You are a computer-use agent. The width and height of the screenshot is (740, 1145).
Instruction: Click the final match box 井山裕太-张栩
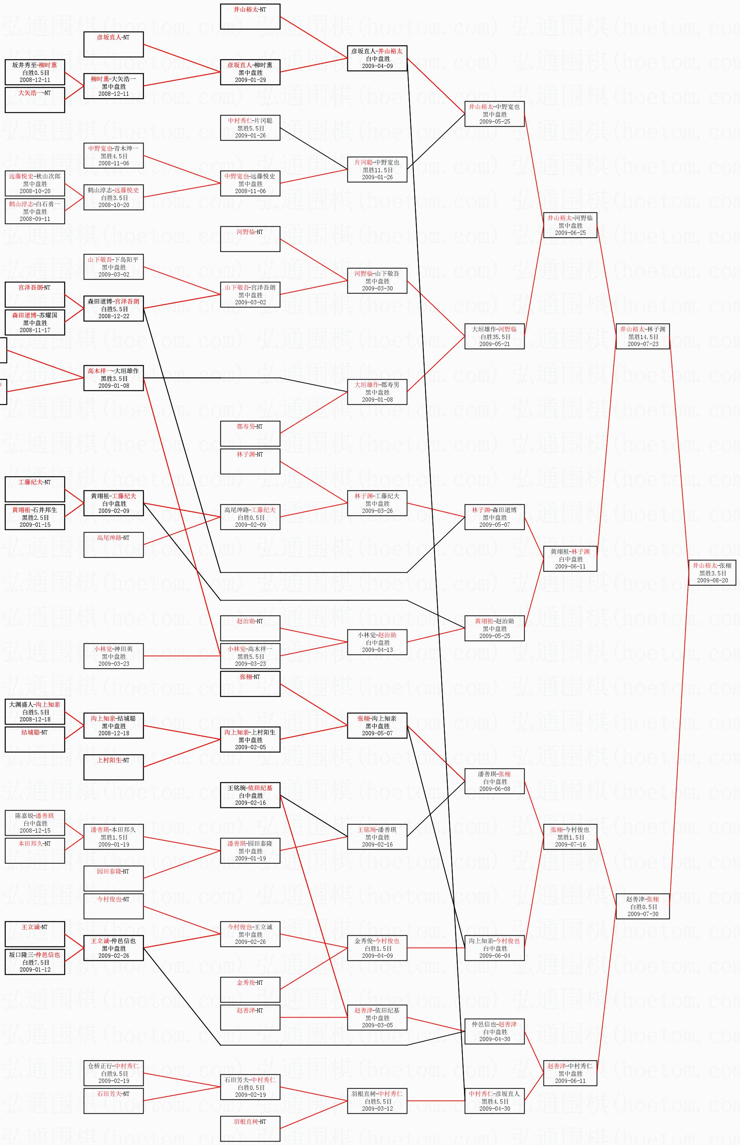tap(712, 572)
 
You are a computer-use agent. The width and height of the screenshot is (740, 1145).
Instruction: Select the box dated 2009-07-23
tap(642, 336)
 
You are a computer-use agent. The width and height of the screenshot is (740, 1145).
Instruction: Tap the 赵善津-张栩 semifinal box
tap(642, 906)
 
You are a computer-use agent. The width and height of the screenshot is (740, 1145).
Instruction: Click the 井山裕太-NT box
tap(250, 16)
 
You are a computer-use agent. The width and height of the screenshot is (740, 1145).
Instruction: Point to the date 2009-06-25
tap(571, 232)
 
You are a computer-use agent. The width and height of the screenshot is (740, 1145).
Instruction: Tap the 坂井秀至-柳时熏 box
tap(35, 72)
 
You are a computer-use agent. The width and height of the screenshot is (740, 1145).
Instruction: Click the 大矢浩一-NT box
tap(35, 100)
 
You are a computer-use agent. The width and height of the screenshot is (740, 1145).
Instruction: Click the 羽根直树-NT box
tap(250, 1128)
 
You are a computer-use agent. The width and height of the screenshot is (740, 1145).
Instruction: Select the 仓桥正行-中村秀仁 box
tap(113, 1073)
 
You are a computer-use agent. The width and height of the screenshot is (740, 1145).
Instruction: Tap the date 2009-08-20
tap(712, 580)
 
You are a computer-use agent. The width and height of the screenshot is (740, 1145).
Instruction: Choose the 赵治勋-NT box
tap(250, 628)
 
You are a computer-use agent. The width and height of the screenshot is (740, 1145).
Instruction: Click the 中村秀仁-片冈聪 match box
tap(250, 128)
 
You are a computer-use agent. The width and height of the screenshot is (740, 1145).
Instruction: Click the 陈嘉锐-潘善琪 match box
tap(35, 823)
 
